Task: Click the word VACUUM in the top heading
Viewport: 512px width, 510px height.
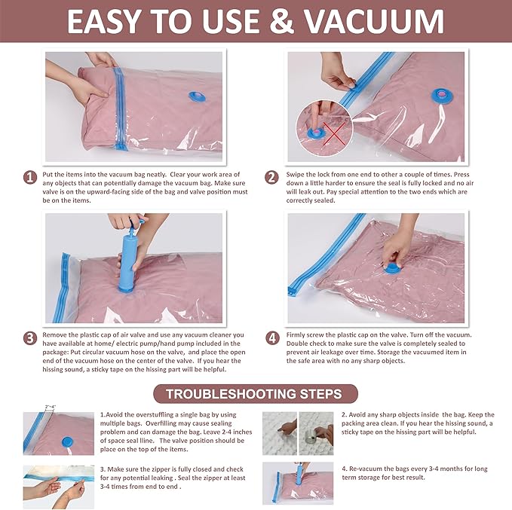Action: [x=374, y=22]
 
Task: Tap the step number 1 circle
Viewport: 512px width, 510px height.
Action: [x=30, y=178]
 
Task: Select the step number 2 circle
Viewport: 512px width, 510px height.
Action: [x=271, y=178]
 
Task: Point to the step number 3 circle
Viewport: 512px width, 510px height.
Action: [x=30, y=338]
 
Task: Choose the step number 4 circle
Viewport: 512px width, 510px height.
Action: [x=272, y=338]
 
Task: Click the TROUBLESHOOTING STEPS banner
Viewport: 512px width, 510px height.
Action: [x=256, y=394]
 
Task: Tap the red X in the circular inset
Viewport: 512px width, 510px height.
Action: [x=334, y=134]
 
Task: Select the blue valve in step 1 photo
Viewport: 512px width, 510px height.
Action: [x=198, y=96]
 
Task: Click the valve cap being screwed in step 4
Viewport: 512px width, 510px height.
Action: [x=391, y=269]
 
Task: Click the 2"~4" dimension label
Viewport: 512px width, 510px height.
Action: [x=51, y=407]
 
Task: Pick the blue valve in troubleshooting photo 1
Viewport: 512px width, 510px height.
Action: [x=67, y=441]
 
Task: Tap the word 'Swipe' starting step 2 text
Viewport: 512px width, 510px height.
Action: [x=296, y=175]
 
